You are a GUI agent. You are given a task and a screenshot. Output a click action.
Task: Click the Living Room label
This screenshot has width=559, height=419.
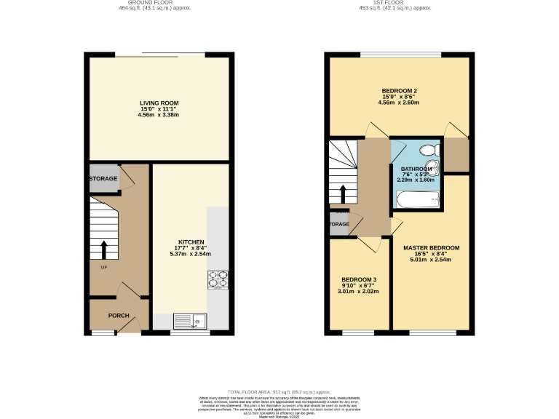(159, 103)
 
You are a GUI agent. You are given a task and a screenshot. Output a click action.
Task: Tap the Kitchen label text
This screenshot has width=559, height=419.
(191, 242)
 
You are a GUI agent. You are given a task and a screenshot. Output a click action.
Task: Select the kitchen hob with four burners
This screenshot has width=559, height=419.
(218, 279)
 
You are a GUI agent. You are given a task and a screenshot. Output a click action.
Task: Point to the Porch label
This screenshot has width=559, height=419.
(119, 316)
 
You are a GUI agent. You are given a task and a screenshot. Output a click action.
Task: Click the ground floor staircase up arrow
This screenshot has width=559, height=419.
(103, 250)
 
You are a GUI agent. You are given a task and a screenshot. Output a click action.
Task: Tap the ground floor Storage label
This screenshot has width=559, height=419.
(103, 179)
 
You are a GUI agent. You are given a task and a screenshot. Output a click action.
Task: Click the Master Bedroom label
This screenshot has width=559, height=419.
(432, 247)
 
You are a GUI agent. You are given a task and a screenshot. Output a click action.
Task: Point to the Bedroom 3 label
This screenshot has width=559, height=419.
(359, 279)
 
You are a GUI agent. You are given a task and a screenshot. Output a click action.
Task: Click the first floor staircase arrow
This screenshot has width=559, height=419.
(343, 193)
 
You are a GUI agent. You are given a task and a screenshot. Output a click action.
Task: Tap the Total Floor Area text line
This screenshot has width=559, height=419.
(279, 391)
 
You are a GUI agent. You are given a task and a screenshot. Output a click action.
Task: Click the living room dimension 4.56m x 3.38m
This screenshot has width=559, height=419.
(159, 115)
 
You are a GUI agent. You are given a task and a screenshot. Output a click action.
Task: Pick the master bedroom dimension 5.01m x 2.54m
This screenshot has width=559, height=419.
(432, 259)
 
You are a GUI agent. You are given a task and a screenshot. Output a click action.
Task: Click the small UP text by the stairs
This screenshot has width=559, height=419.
(94, 268)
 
